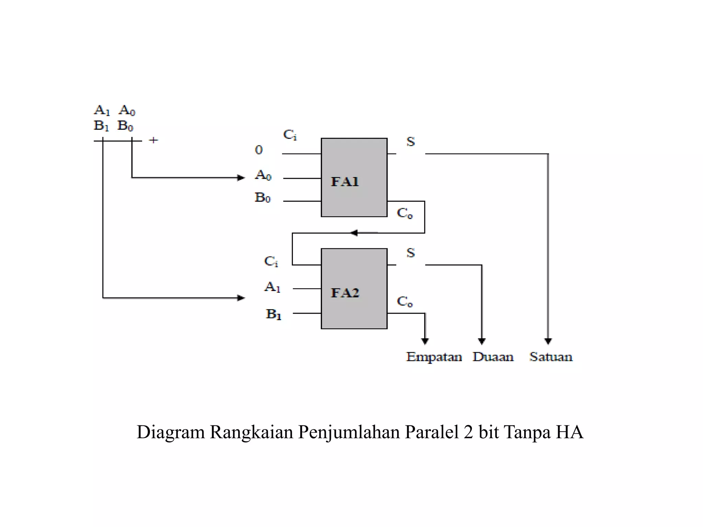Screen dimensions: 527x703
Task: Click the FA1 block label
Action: (x=345, y=181)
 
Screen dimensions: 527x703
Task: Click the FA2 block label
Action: (x=345, y=293)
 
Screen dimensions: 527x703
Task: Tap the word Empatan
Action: (x=434, y=357)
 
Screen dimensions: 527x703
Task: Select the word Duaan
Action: (x=493, y=357)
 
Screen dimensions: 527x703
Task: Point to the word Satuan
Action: (x=551, y=357)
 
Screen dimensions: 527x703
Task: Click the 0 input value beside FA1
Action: (x=259, y=150)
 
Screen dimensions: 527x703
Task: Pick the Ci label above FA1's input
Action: (x=290, y=135)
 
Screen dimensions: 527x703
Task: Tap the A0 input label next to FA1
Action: (x=263, y=175)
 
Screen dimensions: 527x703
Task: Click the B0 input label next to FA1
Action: (x=263, y=198)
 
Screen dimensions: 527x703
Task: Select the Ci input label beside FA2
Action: (x=271, y=261)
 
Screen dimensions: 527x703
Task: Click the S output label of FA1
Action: (x=411, y=142)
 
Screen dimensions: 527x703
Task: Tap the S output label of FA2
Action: (x=411, y=253)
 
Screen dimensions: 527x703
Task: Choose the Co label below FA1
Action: (x=404, y=213)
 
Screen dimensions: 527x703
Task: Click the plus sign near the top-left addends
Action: (x=153, y=140)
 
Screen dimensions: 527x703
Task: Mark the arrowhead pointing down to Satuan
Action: (x=548, y=341)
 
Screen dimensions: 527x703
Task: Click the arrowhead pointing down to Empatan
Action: (x=425, y=341)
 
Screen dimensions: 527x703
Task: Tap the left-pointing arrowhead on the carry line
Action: (x=354, y=233)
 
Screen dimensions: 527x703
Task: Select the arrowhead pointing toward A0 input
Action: (x=241, y=178)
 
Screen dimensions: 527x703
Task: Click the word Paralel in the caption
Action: (x=432, y=432)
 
